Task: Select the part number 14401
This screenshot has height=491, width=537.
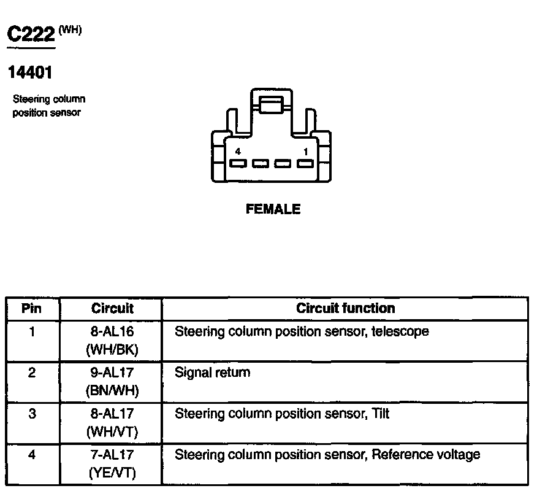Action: (x=29, y=73)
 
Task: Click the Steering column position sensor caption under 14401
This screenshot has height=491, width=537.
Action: (x=49, y=106)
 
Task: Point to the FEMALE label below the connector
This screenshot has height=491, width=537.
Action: (x=273, y=209)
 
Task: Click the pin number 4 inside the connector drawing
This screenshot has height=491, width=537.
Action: (x=238, y=151)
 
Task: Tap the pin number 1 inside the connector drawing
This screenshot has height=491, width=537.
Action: (x=305, y=151)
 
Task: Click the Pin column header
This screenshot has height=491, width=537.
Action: (x=31, y=308)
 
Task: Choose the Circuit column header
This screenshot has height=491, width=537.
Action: (x=112, y=308)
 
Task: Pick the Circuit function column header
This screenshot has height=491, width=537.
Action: (x=345, y=308)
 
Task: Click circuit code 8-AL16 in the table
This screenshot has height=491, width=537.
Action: (x=112, y=332)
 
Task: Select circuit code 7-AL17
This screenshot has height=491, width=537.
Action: (x=112, y=455)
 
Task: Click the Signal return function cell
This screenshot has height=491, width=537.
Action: (x=212, y=373)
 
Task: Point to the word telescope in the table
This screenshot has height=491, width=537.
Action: (x=400, y=332)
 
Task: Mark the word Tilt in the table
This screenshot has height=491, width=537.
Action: (x=381, y=414)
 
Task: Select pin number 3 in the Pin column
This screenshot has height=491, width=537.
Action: (x=32, y=414)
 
